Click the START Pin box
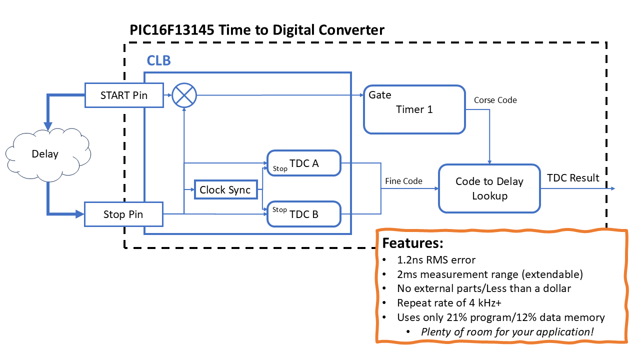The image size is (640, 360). [124, 95]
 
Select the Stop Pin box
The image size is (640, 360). [123, 214]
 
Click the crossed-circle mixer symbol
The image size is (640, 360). [184, 95]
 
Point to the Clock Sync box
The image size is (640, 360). [225, 190]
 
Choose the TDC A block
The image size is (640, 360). [304, 163]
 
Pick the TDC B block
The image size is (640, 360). [304, 214]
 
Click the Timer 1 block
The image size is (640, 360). [414, 109]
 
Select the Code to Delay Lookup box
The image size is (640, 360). [489, 188]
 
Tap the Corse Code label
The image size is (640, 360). [495, 100]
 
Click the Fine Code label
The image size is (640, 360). [403, 181]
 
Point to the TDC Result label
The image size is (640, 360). [573, 177]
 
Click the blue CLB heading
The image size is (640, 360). [158, 61]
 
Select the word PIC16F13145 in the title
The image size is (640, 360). [172, 30]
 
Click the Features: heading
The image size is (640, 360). [412, 243]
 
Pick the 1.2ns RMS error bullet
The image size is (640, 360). [436, 260]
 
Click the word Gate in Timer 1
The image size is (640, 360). [380, 95]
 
